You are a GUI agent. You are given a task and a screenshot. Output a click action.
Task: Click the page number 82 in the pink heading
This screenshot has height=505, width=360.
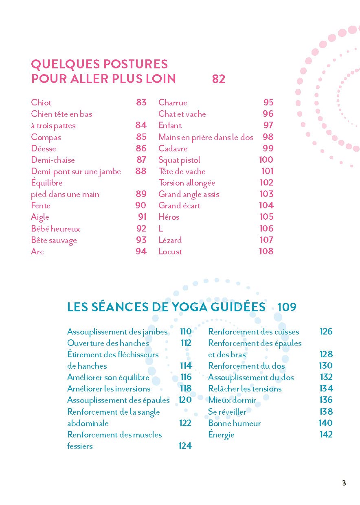click(x=219, y=79)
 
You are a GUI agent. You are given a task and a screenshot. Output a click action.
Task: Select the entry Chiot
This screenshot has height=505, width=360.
click(x=41, y=103)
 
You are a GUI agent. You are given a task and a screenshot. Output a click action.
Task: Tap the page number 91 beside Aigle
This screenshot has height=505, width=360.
click(x=142, y=217)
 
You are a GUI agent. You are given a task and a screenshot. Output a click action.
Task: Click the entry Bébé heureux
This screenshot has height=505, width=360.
click(x=55, y=229)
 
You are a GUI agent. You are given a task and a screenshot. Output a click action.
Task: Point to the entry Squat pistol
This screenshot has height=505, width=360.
click(x=179, y=160)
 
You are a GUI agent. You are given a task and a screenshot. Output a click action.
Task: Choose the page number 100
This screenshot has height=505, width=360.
click(x=266, y=160)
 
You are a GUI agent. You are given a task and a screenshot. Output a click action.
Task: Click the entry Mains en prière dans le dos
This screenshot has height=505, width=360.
click(x=206, y=137)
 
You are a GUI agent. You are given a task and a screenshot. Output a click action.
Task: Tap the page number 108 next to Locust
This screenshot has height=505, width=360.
click(x=266, y=251)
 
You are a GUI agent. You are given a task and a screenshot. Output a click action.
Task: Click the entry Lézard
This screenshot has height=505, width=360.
click(x=170, y=240)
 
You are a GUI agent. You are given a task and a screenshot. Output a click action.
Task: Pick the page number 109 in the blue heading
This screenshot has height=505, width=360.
click(x=287, y=307)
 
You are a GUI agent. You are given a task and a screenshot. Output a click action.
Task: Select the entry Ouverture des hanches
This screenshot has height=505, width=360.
click(x=108, y=343)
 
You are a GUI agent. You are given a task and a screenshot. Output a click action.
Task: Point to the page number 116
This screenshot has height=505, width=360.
click(x=186, y=377)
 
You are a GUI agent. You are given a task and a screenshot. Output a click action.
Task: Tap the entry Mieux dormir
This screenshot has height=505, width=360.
click(x=232, y=400)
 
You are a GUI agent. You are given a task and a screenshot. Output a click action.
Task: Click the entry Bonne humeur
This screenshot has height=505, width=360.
click(x=234, y=423)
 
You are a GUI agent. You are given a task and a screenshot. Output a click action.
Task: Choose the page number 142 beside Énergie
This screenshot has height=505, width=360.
click(x=326, y=434)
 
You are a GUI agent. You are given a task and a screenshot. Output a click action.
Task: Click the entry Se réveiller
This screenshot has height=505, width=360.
click(x=227, y=412)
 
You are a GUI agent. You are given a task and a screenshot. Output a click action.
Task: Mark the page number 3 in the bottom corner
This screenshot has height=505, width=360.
click(x=344, y=483)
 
